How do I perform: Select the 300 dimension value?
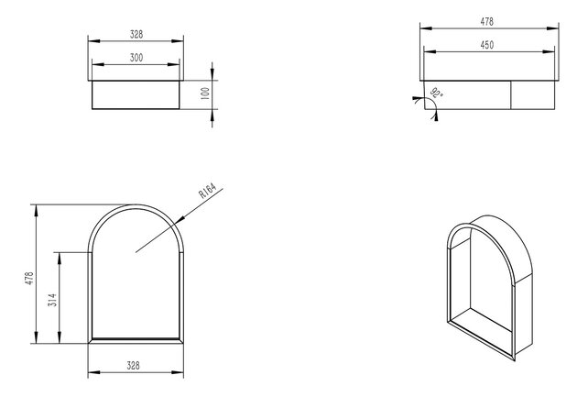[136, 57]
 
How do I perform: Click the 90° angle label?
[436, 93]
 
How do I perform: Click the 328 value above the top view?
[136, 34]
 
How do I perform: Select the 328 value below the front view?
[136, 366]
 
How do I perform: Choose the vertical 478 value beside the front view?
[29, 277]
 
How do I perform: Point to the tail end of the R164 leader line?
[137, 251]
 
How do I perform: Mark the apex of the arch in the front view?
[136, 203]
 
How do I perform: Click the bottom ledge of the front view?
[136, 338]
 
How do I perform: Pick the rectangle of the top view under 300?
[136, 94]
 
